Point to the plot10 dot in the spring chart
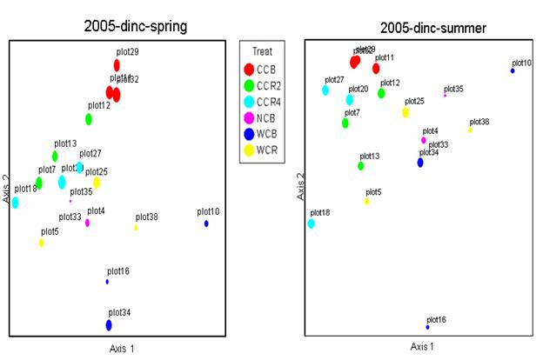(206, 223)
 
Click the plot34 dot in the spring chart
(109, 325)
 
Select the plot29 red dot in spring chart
(117, 65)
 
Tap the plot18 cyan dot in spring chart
(15, 203)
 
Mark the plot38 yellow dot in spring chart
(136, 228)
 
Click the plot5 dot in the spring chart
(41, 243)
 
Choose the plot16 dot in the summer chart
(427, 327)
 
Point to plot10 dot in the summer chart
(513, 70)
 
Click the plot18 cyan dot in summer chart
(312, 223)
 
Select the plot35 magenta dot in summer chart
(445, 95)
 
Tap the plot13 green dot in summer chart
(361, 165)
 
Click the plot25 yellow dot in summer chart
(406, 112)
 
